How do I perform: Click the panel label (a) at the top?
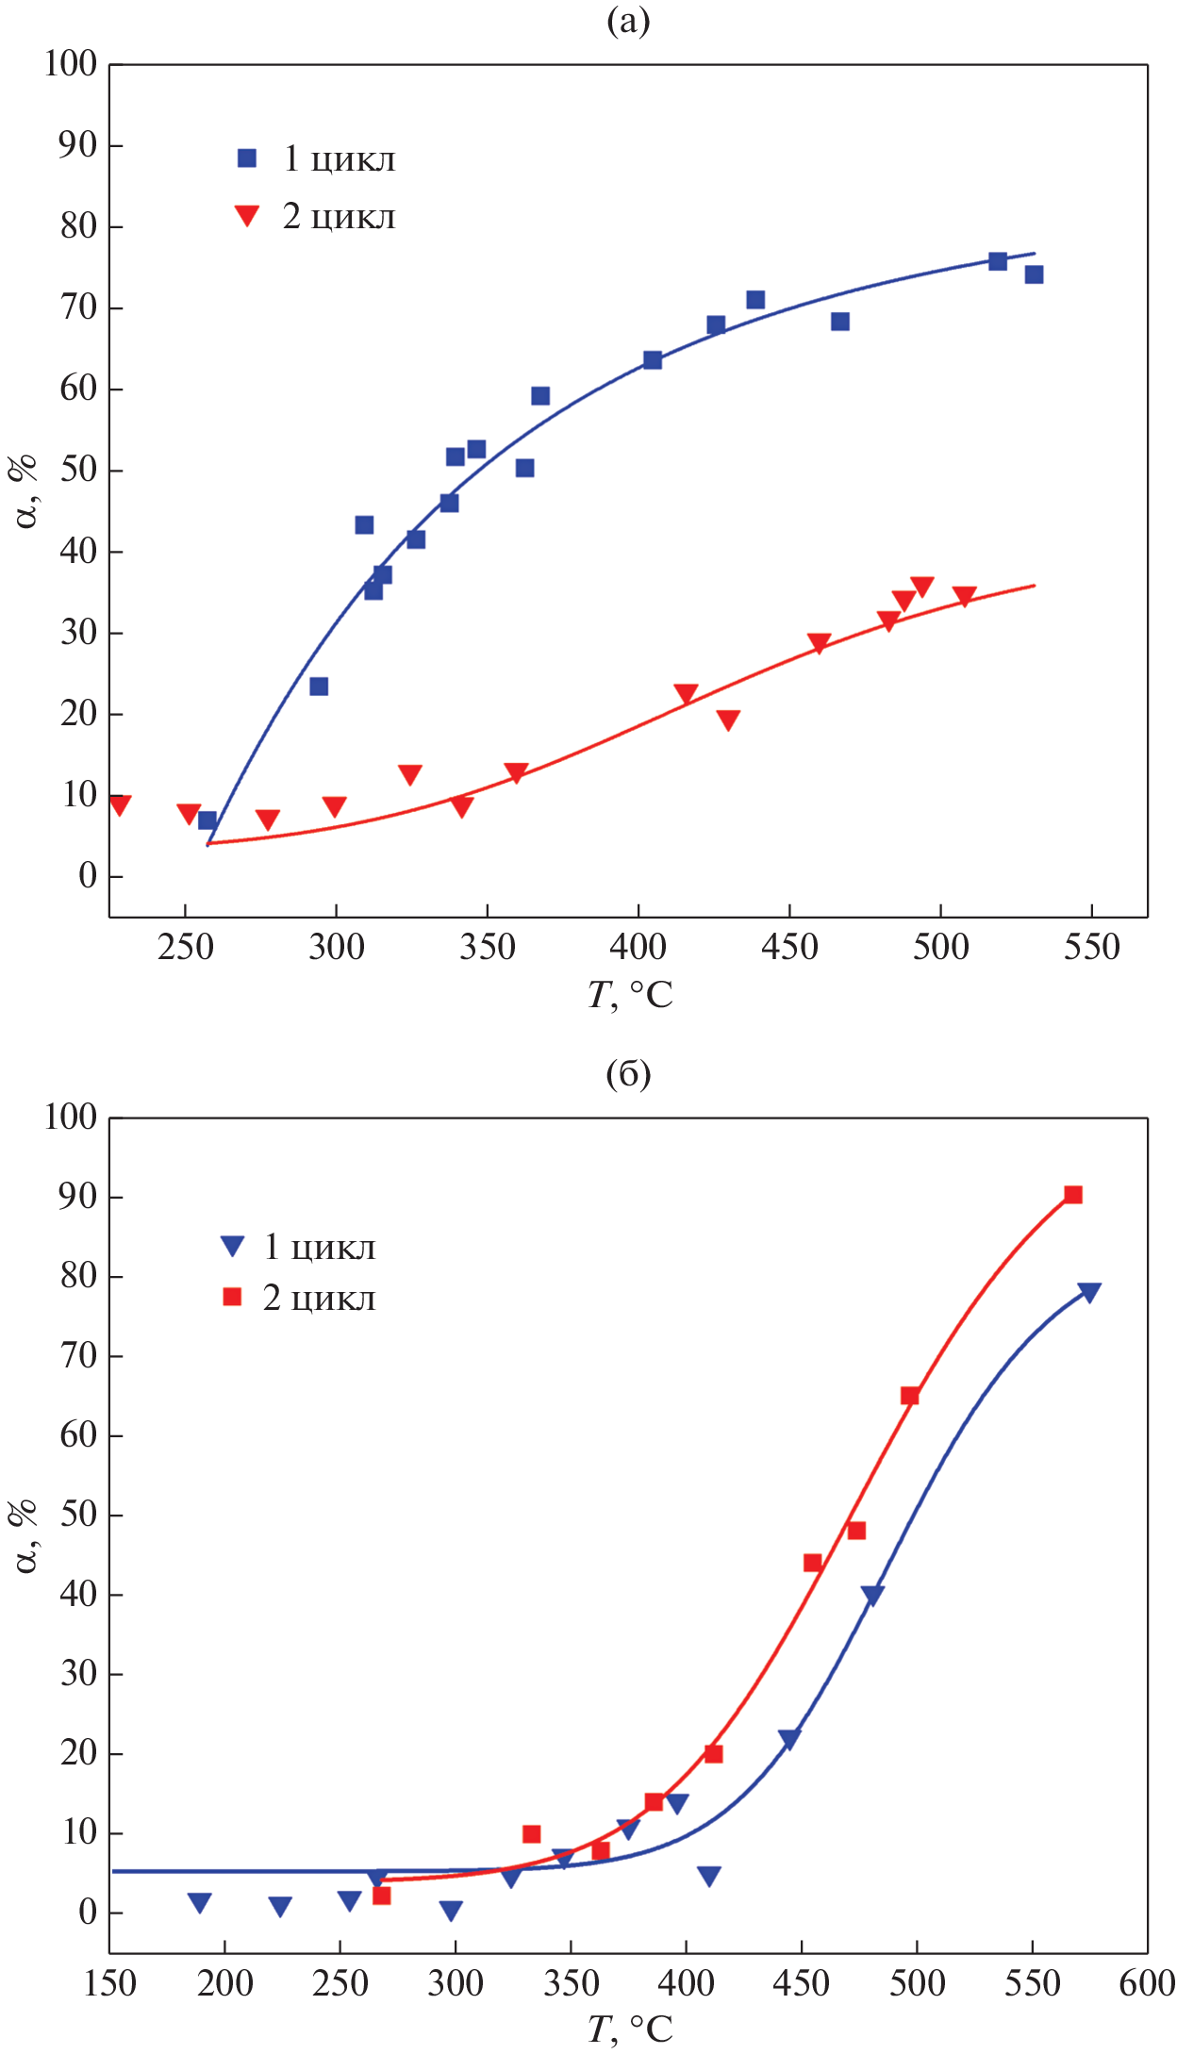pos(628,21)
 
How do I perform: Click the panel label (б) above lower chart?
pos(628,1073)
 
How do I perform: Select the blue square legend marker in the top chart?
pos(247,158)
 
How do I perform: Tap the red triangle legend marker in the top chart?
pos(247,215)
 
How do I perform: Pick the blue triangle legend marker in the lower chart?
pos(232,1246)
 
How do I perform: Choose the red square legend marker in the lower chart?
pos(232,1298)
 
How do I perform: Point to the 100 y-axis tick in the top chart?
pos(71,64)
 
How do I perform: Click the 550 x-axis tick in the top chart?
pos(1091,947)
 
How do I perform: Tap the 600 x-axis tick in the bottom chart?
pos(1147,1983)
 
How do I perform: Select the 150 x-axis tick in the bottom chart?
pos(110,1983)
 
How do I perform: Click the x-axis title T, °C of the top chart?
pos(630,995)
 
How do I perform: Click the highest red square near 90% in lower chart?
pos(1073,1195)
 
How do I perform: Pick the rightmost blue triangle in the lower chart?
pos(1089,1292)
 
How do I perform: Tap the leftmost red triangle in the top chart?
pos(119,804)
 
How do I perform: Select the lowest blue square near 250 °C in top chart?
pos(207,820)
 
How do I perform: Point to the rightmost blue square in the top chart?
pos(1034,274)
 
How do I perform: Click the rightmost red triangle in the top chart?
pos(964,596)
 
